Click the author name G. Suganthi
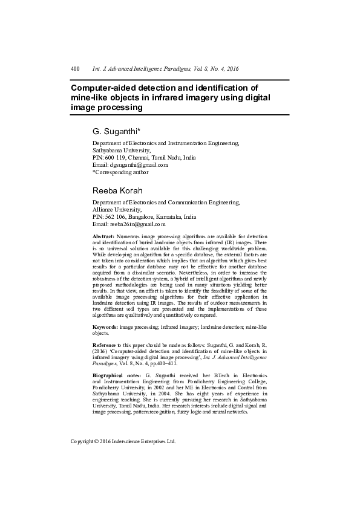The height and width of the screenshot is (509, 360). pos(116,131)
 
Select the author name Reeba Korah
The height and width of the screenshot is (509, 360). pos(117,191)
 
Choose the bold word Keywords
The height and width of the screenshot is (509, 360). pos(105,326)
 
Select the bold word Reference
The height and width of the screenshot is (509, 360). pos(105,344)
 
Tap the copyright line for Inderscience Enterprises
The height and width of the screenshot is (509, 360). pos(123,441)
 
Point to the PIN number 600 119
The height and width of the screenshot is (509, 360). pos(114,157)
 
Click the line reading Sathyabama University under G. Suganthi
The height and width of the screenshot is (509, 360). pos(121,150)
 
